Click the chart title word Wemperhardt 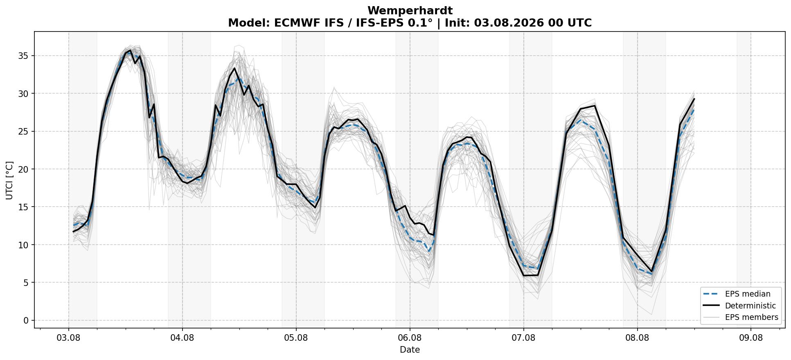pyautogui.click(x=410, y=11)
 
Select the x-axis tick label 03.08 pyautogui.click(x=68, y=338)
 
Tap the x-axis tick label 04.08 pyautogui.click(x=182, y=338)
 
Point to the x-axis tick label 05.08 pyautogui.click(x=296, y=338)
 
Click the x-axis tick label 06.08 pyautogui.click(x=410, y=338)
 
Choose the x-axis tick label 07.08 pyautogui.click(x=523, y=338)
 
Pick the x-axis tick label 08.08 pyautogui.click(x=637, y=338)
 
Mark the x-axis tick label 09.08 pyautogui.click(x=751, y=338)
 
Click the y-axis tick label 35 pyautogui.click(x=24, y=56)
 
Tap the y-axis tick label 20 pyautogui.click(x=24, y=169)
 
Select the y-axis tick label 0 pyautogui.click(x=26, y=320)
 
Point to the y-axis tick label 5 pyautogui.click(x=26, y=282)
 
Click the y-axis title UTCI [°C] pyautogui.click(x=9, y=180)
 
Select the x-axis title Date pyautogui.click(x=410, y=350)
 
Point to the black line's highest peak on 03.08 pyautogui.click(x=130, y=50)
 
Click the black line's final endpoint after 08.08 pyautogui.click(x=694, y=99)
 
